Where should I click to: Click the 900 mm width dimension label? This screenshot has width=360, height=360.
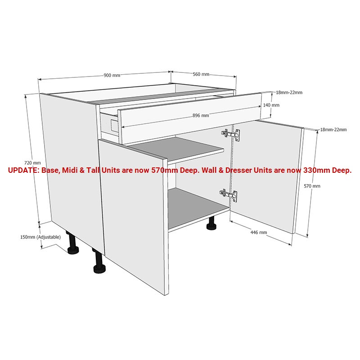click(112, 75)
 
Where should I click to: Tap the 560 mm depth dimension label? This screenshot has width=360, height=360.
click(201, 74)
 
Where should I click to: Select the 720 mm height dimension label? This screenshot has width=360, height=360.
click(32, 163)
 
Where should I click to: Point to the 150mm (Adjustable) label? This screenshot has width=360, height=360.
click(40, 237)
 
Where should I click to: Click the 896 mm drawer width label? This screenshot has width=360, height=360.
click(201, 116)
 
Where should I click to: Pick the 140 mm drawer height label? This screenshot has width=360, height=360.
click(271, 105)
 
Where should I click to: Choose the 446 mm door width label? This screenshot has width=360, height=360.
click(258, 232)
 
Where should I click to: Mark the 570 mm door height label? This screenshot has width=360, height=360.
click(312, 186)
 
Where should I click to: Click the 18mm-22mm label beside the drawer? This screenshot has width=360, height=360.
click(289, 93)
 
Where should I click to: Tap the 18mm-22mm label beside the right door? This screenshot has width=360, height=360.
click(333, 130)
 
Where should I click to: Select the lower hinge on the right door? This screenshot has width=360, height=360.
click(229, 195)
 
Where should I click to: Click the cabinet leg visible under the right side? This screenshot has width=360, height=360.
click(211, 223)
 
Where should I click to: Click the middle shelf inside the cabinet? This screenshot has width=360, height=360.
click(177, 147)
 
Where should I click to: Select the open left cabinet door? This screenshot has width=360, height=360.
click(133, 216)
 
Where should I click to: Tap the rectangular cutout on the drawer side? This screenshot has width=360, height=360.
click(114, 126)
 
